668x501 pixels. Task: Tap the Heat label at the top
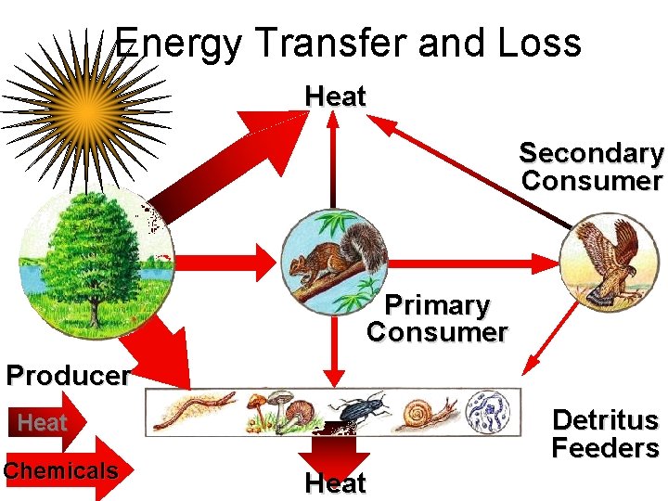335,96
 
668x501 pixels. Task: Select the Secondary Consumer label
592,166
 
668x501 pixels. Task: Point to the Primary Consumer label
437,318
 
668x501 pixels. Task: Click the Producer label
67,376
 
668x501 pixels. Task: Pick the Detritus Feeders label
605,434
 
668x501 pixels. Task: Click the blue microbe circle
487,410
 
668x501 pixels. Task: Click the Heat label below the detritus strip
335,483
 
